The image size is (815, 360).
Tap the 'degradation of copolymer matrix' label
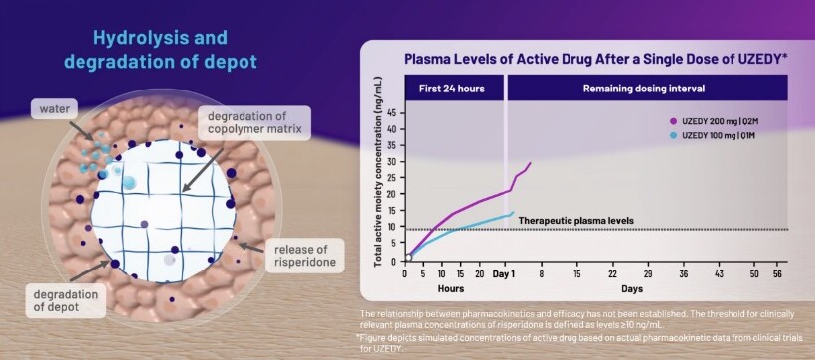click(x=253, y=122)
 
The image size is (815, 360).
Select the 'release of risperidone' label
click(x=304, y=255)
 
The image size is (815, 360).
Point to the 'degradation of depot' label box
click(x=66, y=300)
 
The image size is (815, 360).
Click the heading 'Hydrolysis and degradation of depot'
click(x=160, y=50)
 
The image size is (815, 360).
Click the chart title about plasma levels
click(x=595, y=59)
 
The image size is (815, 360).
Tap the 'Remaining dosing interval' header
click(x=648, y=88)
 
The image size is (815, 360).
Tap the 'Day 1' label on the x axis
click(x=504, y=274)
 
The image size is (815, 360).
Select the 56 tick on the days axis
click(x=777, y=274)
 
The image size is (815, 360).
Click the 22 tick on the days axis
click(x=613, y=274)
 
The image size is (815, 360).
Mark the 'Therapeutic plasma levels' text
click(x=575, y=221)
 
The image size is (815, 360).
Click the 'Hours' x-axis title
click(x=450, y=288)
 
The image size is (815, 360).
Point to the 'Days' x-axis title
click(x=632, y=288)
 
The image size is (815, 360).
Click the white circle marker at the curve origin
click(x=408, y=257)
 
